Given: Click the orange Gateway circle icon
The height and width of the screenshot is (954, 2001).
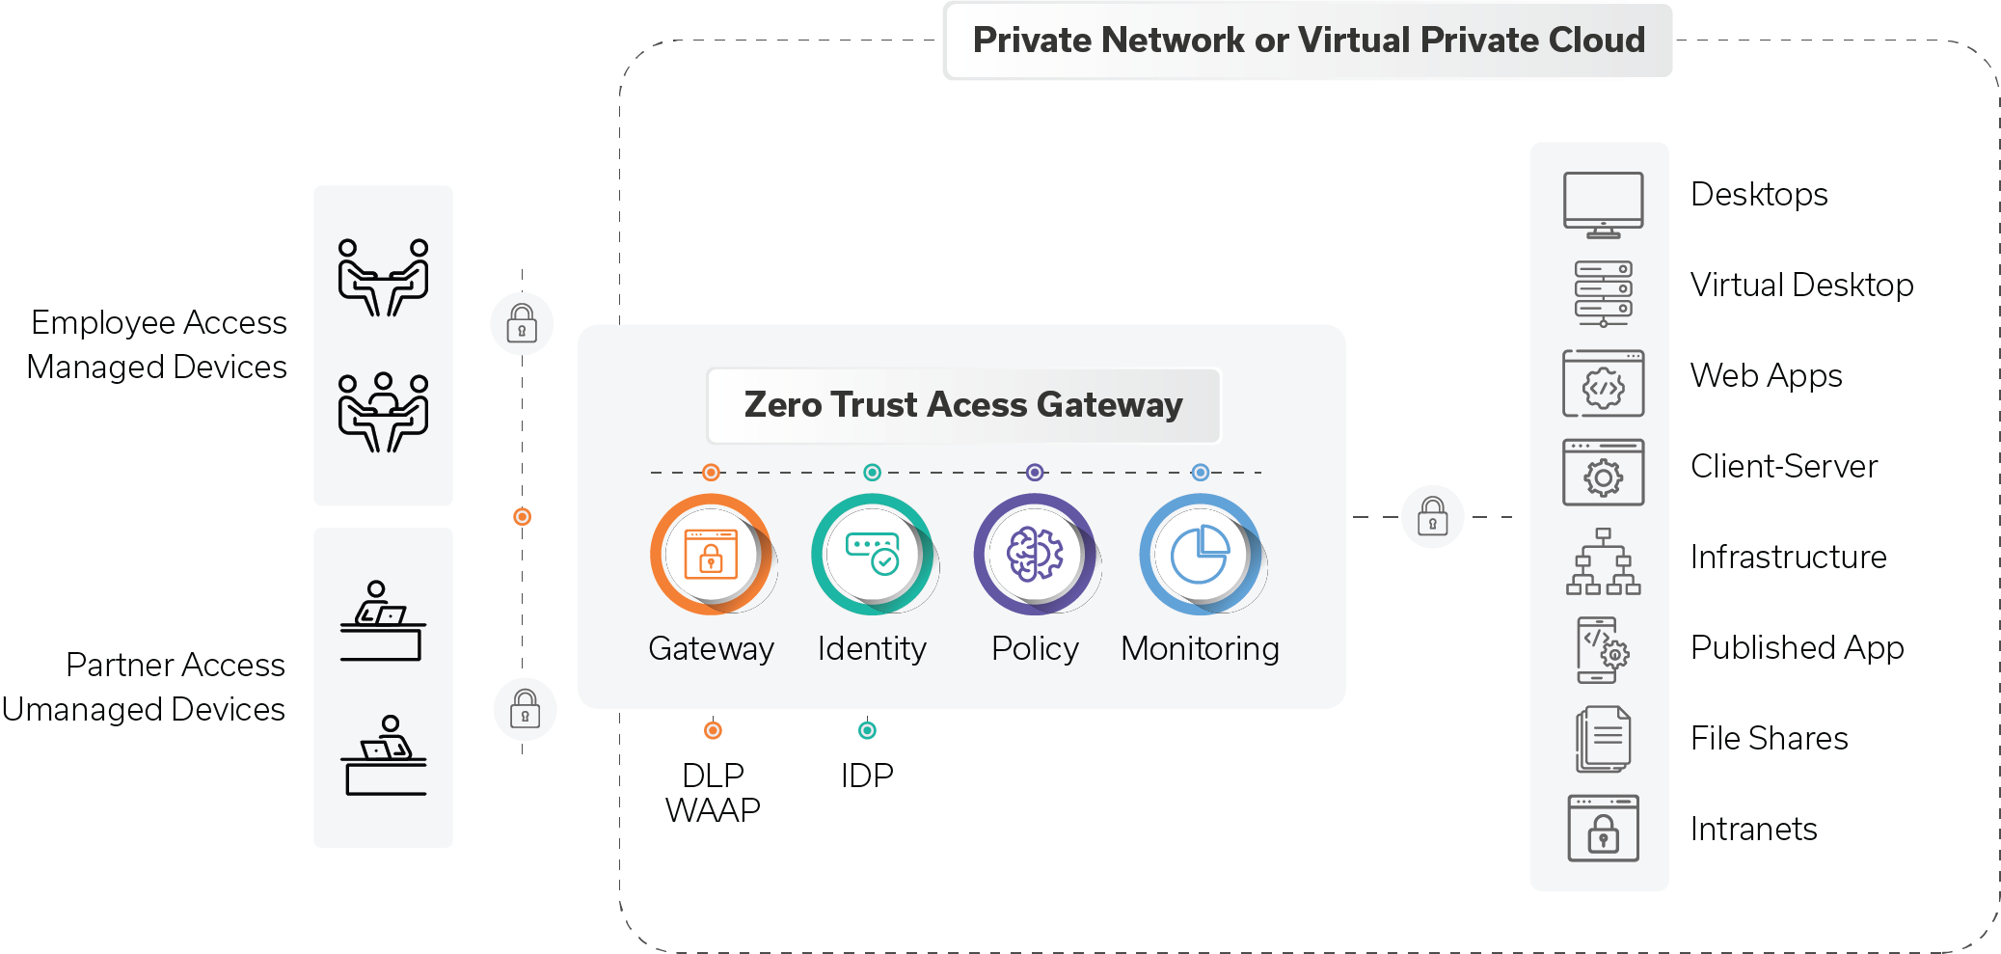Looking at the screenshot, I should click(x=712, y=555).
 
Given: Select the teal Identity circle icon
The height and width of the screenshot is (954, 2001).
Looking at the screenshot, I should click(x=873, y=555).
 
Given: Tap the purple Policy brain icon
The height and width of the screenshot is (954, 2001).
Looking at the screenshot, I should click(x=1035, y=555).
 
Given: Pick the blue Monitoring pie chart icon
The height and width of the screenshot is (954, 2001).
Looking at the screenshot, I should click(x=1201, y=555).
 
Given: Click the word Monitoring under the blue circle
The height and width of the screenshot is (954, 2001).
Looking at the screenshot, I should click(x=1200, y=648).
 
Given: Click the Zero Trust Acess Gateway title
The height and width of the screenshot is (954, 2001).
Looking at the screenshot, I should click(x=963, y=405).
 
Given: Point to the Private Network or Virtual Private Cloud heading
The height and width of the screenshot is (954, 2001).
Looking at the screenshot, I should click(x=1309, y=41).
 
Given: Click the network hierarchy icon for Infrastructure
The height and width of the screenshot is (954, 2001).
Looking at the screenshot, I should click(x=1603, y=561).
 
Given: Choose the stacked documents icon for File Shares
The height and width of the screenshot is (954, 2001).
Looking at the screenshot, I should click(x=1603, y=739).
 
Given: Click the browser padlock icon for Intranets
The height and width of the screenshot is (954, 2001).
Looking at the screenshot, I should click(x=1603, y=829).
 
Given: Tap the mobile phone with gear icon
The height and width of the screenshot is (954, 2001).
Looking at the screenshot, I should click(x=1601, y=650).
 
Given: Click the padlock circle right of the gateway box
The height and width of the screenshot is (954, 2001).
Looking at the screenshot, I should click(x=1432, y=517).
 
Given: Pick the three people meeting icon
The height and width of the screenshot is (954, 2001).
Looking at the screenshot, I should click(x=383, y=412).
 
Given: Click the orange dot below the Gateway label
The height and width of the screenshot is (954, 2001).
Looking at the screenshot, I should click(x=713, y=730).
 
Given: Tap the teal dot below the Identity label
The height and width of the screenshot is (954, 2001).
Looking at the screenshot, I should click(x=867, y=730).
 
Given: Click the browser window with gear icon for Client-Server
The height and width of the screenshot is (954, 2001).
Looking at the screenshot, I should click(x=1603, y=473).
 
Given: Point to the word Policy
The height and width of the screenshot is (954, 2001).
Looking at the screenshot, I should click(x=1035, y=648).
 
